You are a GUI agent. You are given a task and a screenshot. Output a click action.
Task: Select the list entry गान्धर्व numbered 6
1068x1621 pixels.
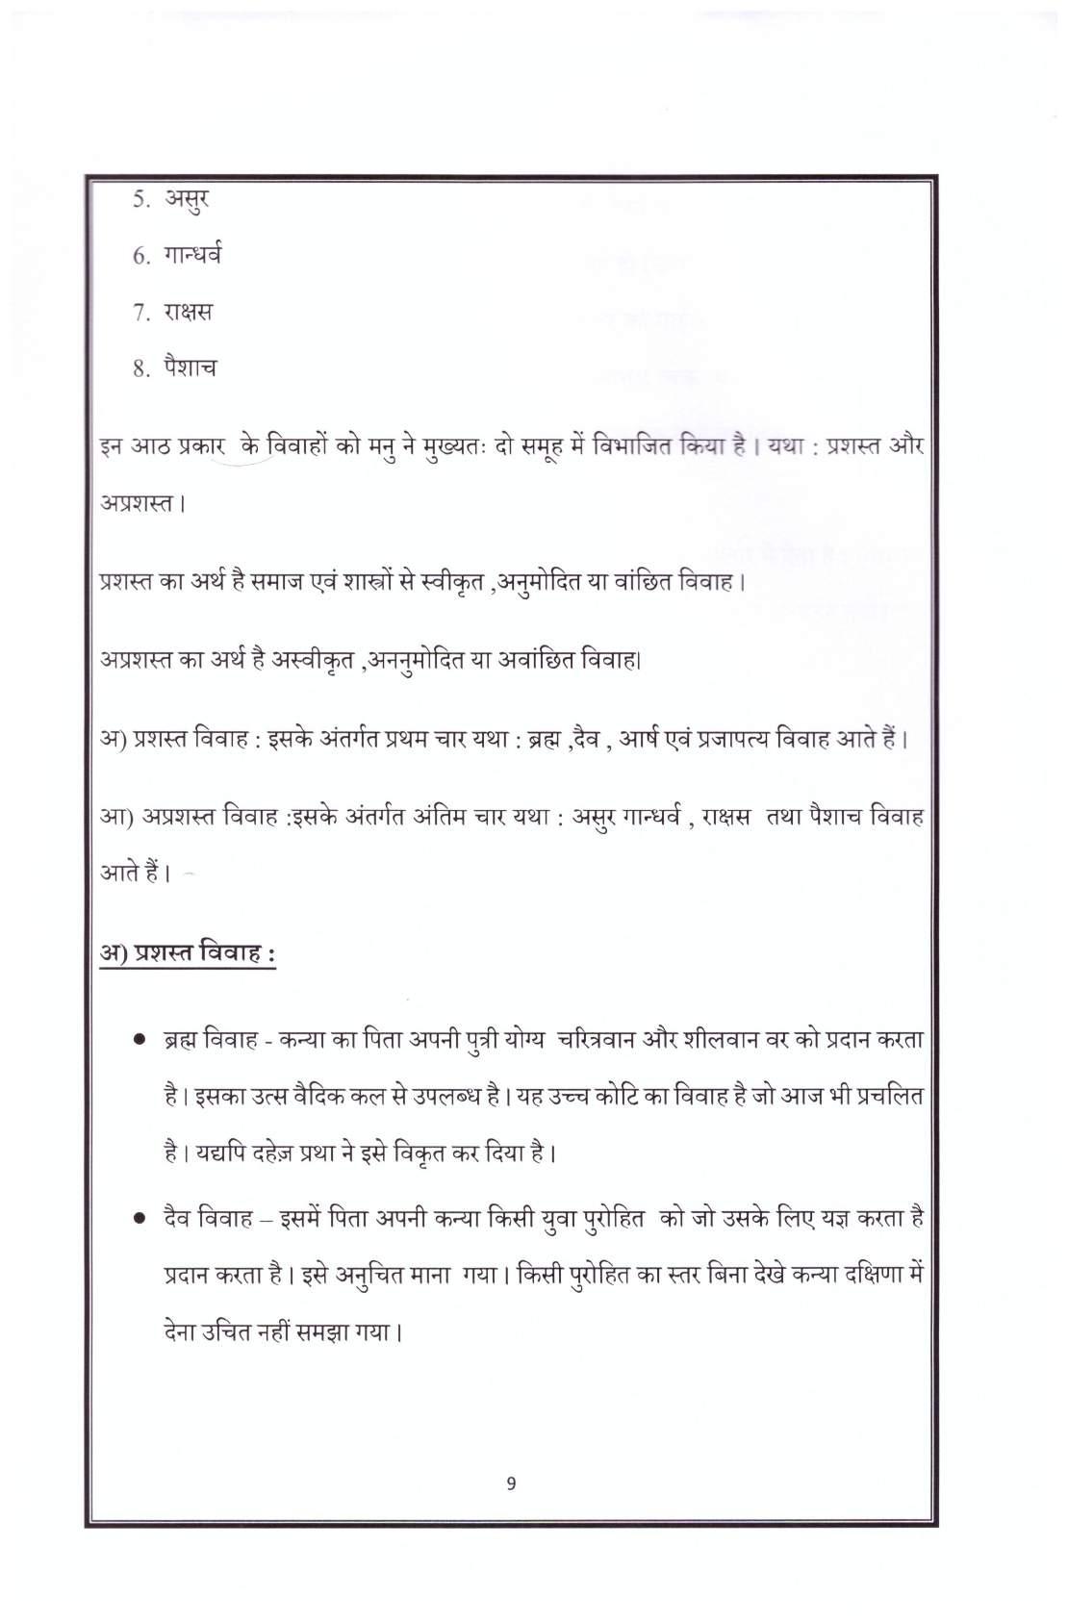192,256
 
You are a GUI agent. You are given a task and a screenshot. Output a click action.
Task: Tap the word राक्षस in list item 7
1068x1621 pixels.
188,312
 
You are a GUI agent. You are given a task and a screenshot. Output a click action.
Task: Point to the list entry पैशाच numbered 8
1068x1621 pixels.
190,367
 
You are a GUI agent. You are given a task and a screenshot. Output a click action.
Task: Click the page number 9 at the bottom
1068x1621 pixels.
510,1482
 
